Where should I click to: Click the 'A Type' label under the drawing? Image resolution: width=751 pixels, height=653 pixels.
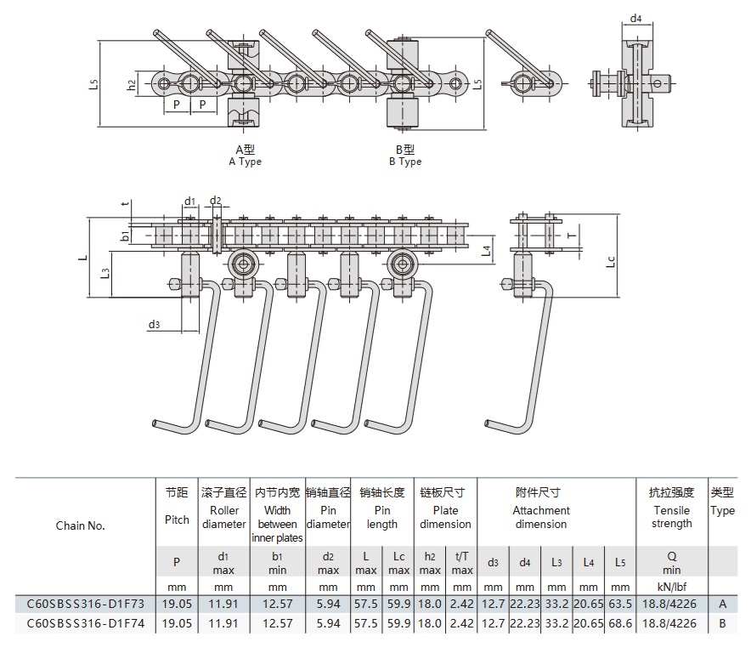pos(246,162)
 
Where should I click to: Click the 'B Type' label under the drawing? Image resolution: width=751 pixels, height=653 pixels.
pos(405,162)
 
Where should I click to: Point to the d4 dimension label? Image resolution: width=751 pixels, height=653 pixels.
pos(636,17)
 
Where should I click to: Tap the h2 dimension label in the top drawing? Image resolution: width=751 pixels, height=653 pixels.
pos(131,84)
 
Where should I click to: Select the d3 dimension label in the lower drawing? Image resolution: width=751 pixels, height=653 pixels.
pos(154,324)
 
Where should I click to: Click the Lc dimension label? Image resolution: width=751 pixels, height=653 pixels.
pos(610,260)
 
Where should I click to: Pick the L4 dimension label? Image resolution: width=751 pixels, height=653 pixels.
pos(485,250)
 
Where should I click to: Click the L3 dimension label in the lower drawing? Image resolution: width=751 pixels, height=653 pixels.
pos(104,274)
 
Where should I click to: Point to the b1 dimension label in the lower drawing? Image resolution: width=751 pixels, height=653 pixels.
pos(124,235)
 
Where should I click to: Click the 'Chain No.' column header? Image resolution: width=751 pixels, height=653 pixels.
pos(81,525)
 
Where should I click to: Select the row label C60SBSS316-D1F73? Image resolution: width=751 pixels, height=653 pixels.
pos(86,603)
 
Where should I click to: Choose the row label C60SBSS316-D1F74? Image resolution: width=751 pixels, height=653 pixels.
pos(86,623)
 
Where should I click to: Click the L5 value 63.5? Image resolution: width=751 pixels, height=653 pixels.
pos(620,603)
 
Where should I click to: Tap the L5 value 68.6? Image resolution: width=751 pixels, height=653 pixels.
pos(620,623)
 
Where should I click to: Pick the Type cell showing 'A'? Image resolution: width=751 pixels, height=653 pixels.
pos(722,603)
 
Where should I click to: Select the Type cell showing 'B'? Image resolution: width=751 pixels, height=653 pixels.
pos(722,623)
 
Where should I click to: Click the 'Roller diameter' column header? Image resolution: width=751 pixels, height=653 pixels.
pos(223,517)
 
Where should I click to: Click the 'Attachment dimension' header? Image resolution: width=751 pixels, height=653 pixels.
pos(541,517)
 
